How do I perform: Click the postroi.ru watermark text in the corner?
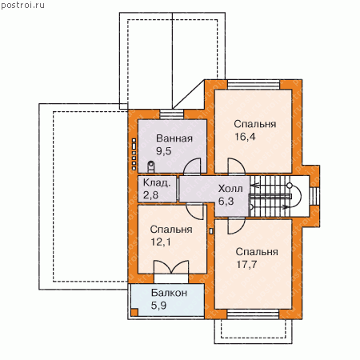22,6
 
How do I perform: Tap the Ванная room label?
174,138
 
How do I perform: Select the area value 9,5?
164,151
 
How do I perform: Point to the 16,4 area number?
245,137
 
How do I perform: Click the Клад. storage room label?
157,183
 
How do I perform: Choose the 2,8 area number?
150,195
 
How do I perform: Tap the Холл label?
230,189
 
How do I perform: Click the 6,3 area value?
226,202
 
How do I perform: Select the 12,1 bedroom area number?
161,242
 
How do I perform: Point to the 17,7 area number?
246,265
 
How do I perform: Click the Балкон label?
169,293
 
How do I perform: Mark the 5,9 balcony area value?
158,306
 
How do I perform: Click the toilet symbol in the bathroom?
151,166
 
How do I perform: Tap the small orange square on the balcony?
134,312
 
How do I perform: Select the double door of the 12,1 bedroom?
171,266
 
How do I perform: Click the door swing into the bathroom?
192,166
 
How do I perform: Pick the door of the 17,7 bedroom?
236,226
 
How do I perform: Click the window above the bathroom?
172,114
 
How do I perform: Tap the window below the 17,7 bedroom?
253,314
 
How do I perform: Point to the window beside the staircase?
314,196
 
